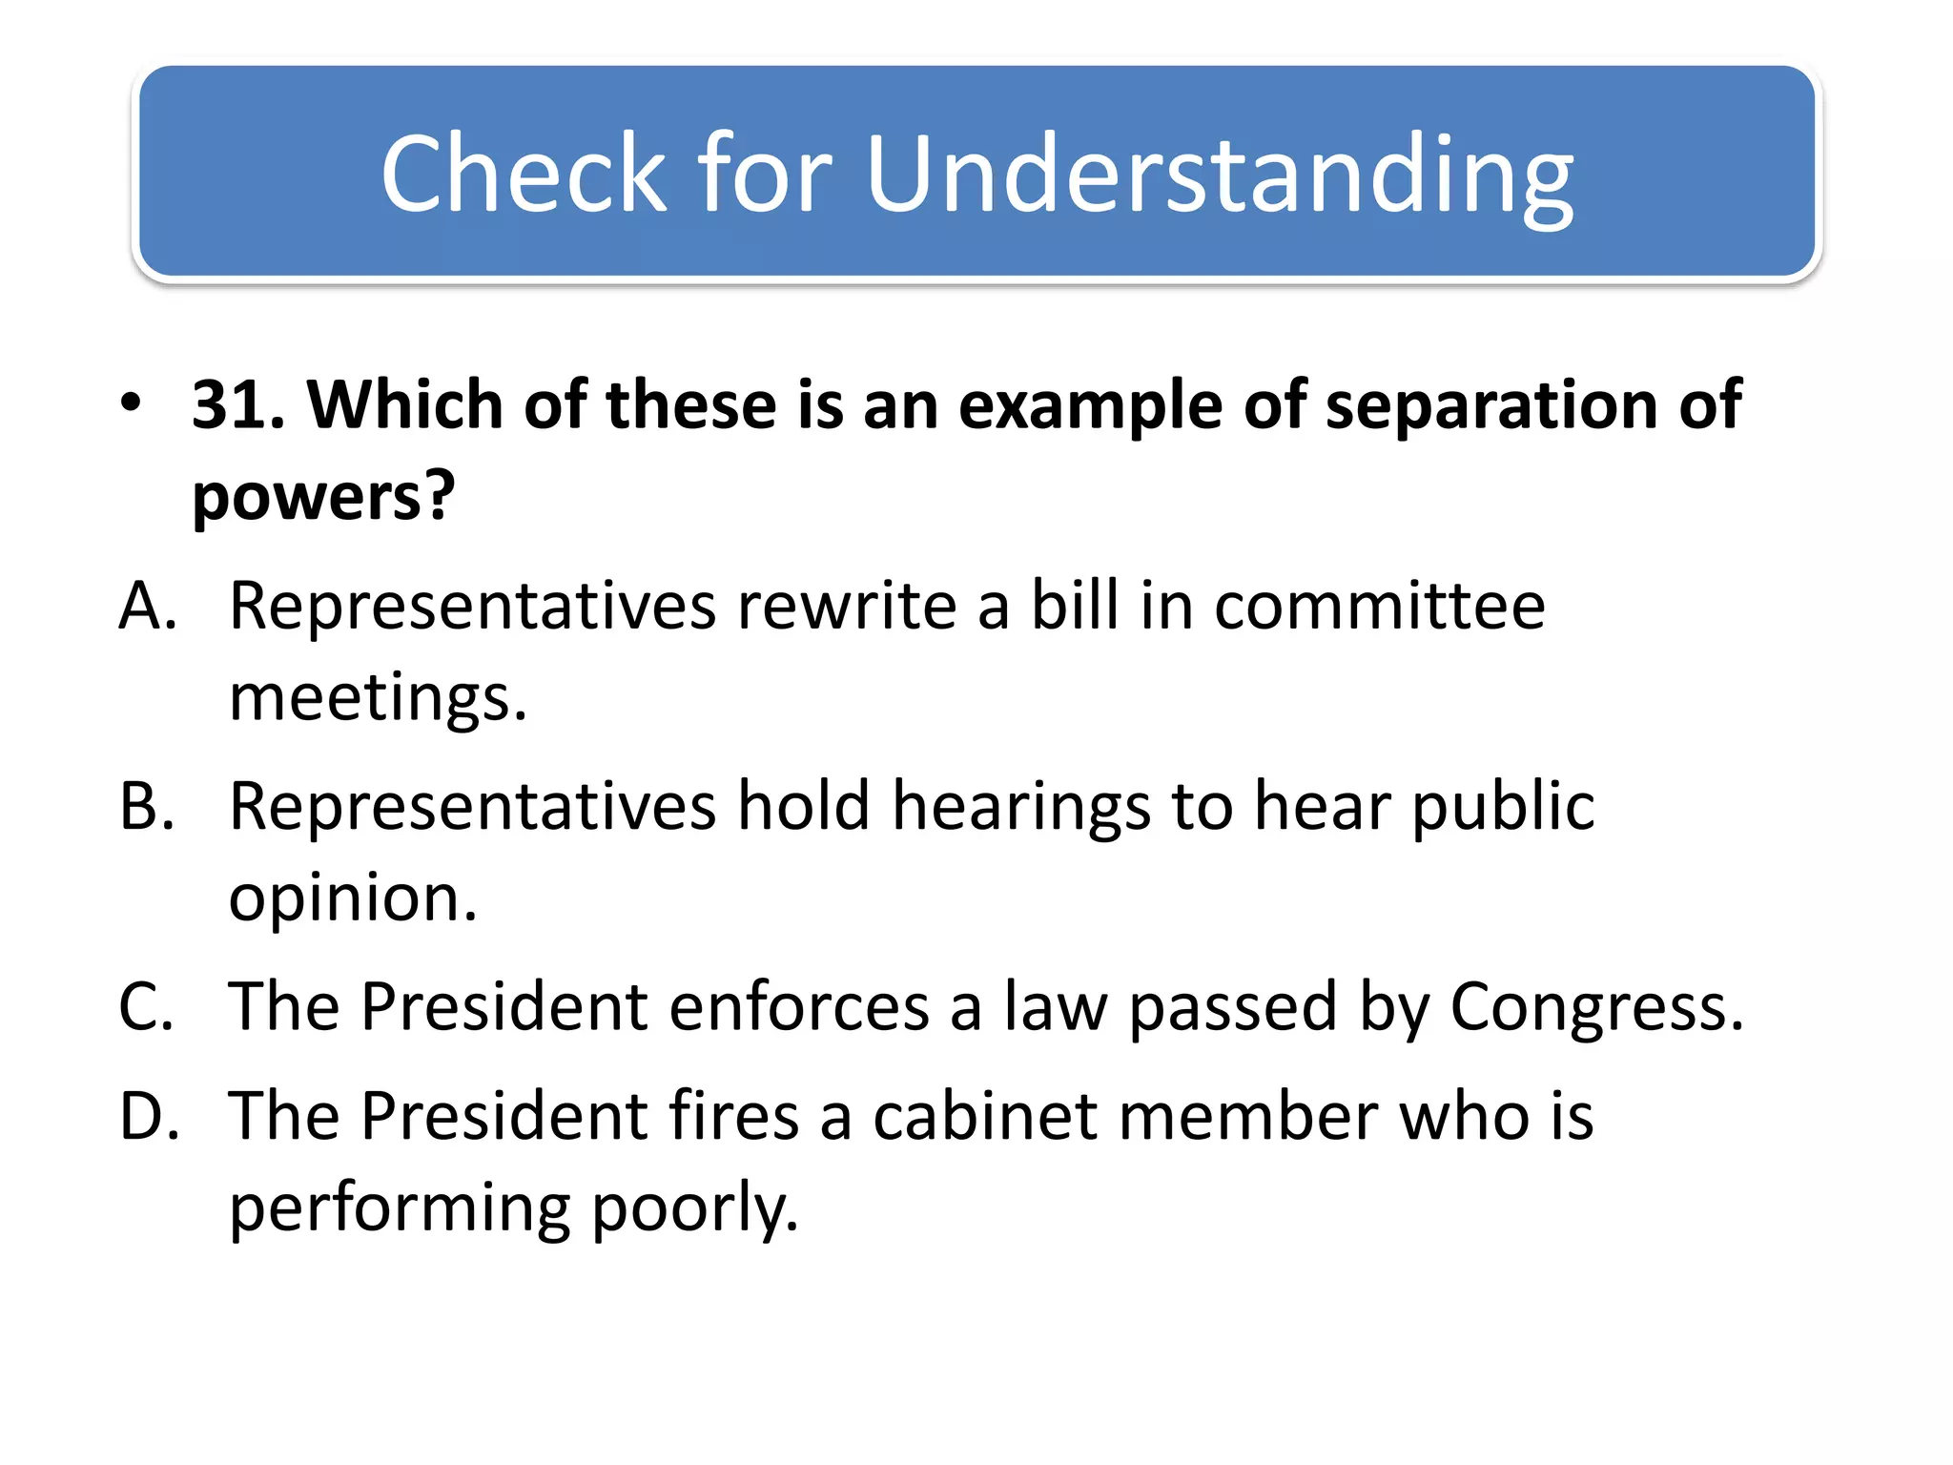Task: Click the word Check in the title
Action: pyautogui.click(x=523, y=174)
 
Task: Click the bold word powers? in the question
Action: pyautogui.click(x=323, y=498)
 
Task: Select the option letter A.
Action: pyautogui.click(x=148, y=607)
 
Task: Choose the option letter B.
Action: pyautogui.click(x=147, y=807)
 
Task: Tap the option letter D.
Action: pyautogui.click(x=149, y=1117)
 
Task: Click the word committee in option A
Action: pyautogui.click(x=1379, y=607)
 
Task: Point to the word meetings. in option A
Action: pyautogui.click(x=378, y=698)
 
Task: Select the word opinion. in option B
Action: pyautogui.click(x=353, y=899)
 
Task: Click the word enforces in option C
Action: pyautogui.click(x=798, y=1008)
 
